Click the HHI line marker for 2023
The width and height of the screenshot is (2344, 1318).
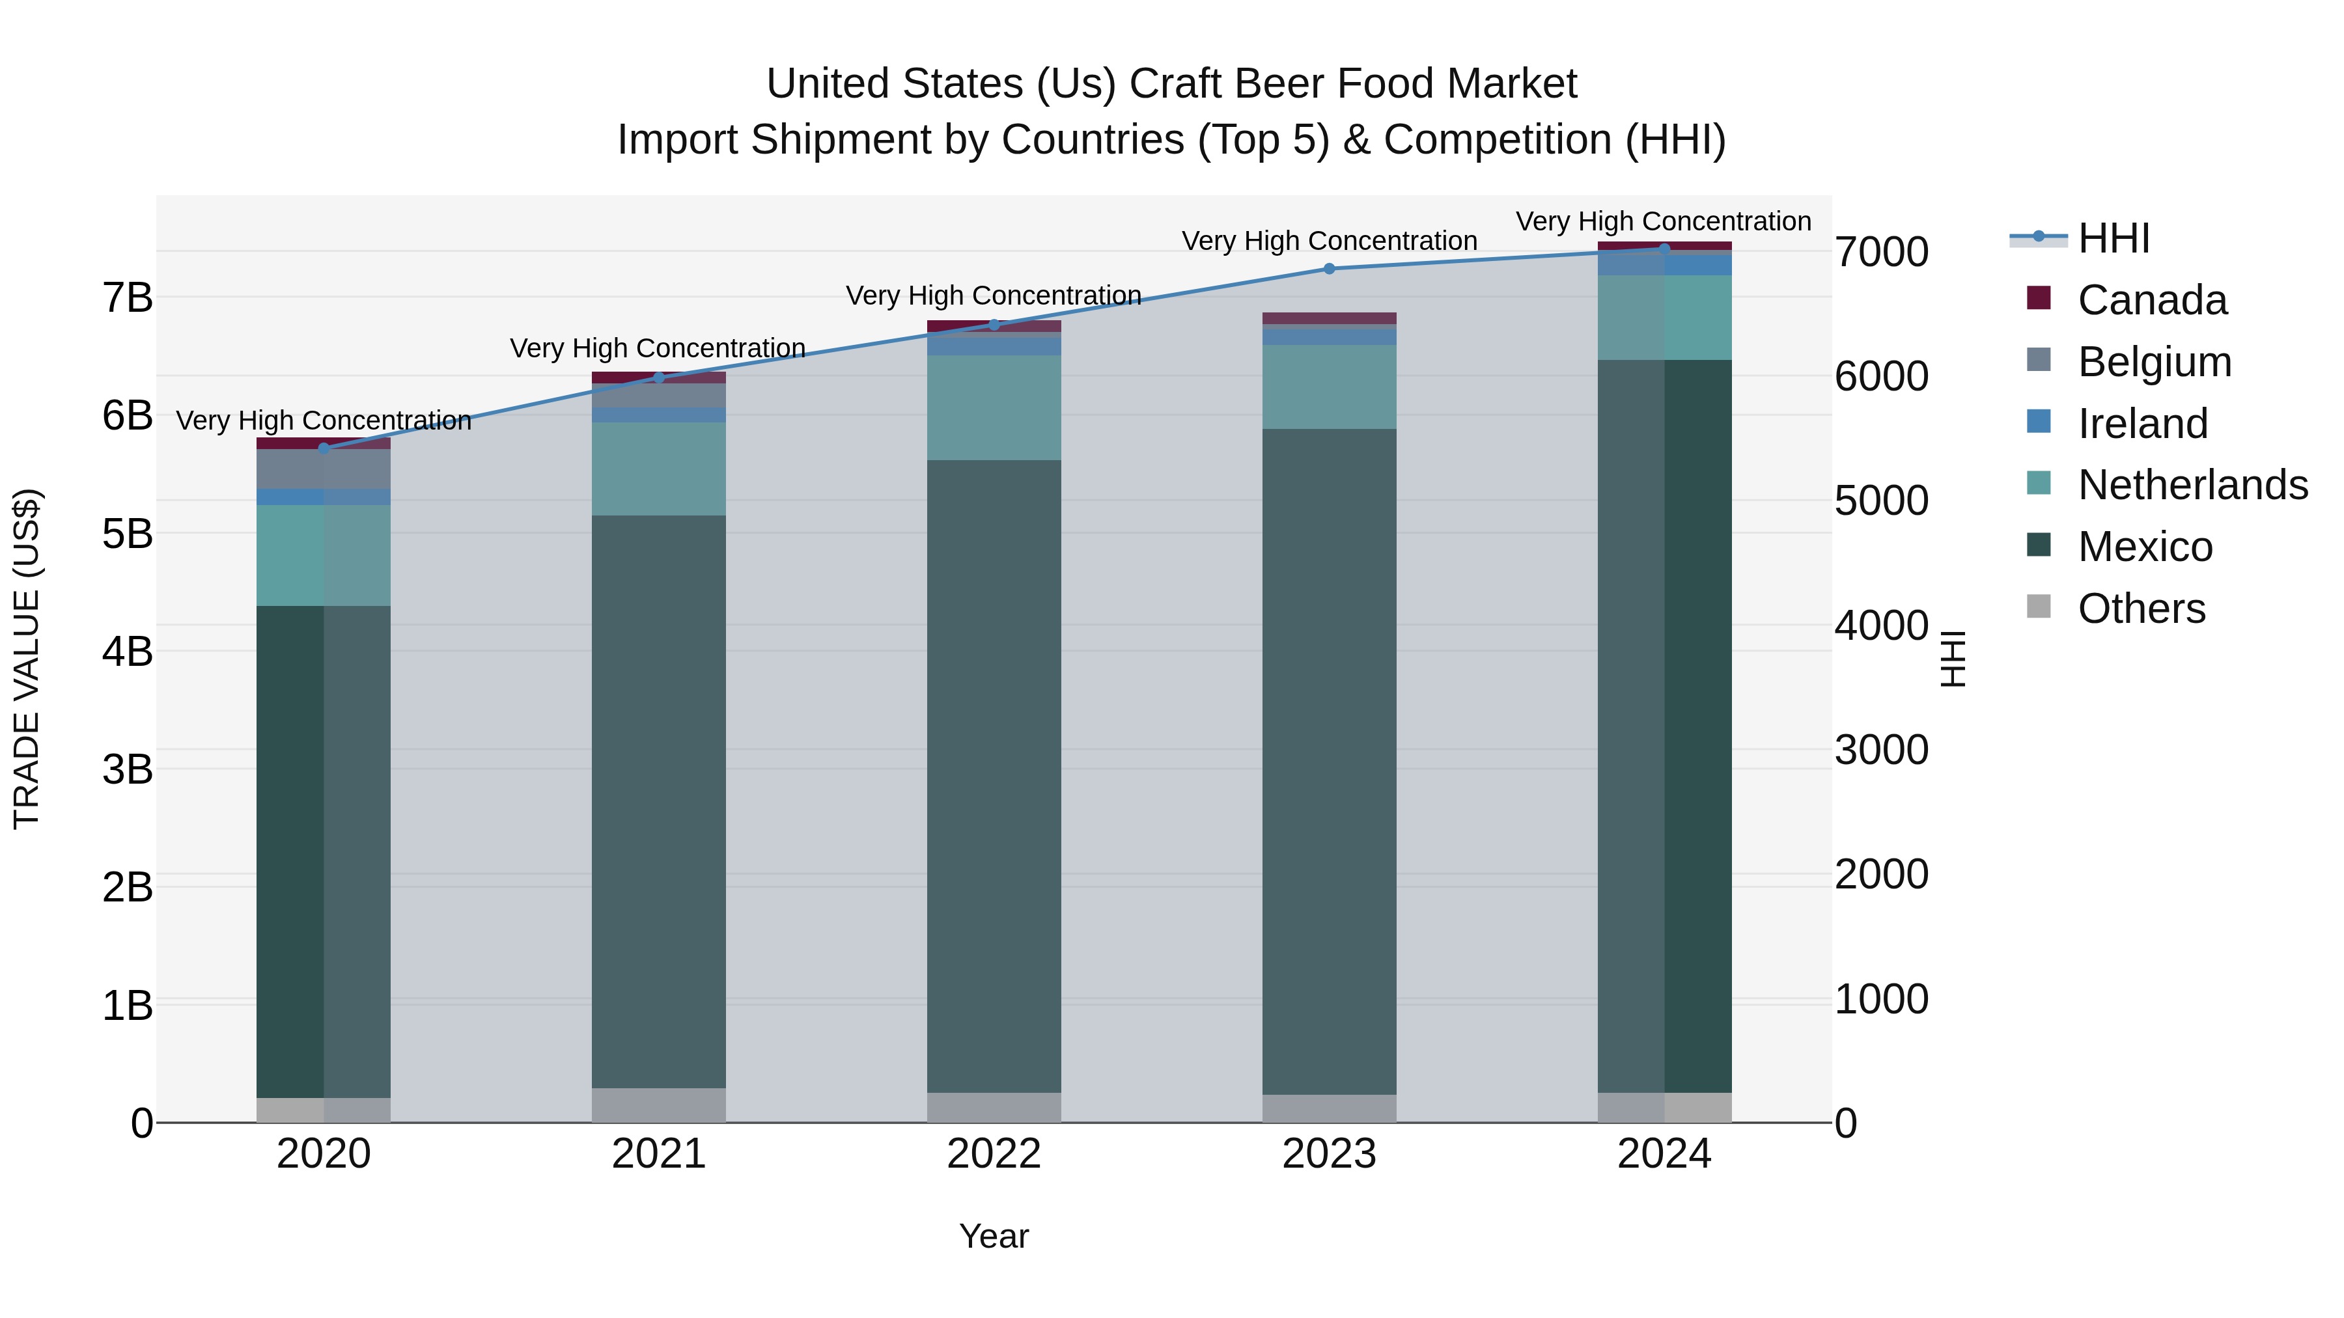[1328, 268]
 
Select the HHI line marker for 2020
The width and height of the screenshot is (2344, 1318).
[324, 448]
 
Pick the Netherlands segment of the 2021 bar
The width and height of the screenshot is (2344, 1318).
[659, 469]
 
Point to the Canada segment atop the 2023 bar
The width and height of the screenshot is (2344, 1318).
[1328, 318]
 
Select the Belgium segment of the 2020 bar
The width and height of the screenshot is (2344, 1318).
[324, 469]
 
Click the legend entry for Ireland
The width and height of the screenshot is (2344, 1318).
[2142, 424]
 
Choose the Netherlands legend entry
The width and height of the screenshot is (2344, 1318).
[2192, 485]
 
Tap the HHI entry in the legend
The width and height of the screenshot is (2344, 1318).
[2113, 238]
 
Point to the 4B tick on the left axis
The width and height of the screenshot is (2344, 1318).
[128, 652]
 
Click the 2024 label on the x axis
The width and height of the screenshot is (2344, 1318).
[1664, 1154]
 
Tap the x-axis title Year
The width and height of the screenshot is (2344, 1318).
[994, 1236]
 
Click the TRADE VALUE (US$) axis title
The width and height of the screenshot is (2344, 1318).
[27, 659]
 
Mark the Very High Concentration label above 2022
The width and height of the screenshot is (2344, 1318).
[994, 295]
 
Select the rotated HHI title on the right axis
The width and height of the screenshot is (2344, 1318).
[1953, 659]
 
